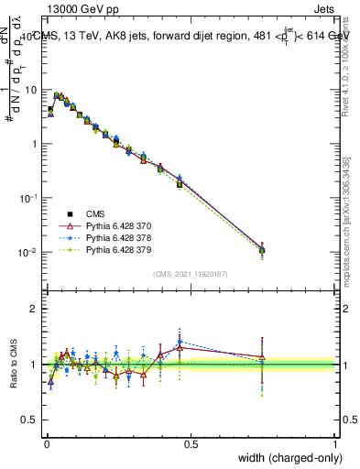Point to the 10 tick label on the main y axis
pyautogui.click(x=30, y=91)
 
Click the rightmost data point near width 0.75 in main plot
pyautogui.click(x=263, y=249)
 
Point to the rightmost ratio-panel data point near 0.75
pyautogui.click(x=263, y=358)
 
